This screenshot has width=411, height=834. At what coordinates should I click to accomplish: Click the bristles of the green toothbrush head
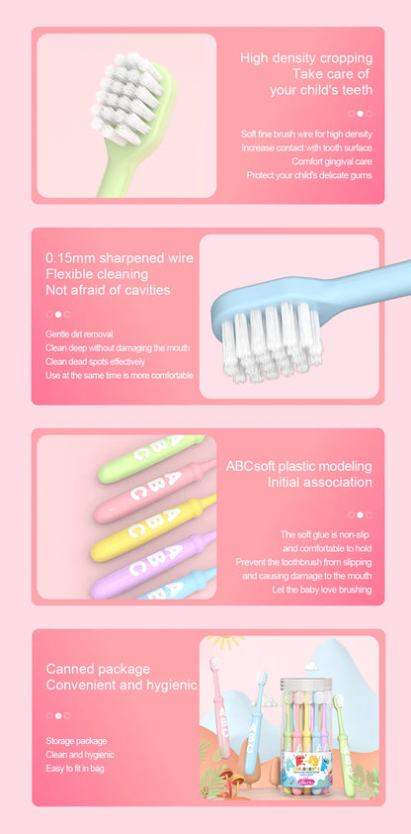click(x=123, y=98)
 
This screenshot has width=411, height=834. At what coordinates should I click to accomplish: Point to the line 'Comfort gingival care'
click(x=331, y=161)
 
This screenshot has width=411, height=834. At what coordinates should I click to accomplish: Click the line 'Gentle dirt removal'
click(x=79, y=334)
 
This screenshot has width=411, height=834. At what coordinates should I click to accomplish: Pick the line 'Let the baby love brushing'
click(x=322, y=590)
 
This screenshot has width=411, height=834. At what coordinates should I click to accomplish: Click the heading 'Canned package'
click(x=98, y=669)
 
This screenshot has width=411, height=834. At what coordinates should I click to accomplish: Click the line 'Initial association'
click(x=319, y=483)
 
